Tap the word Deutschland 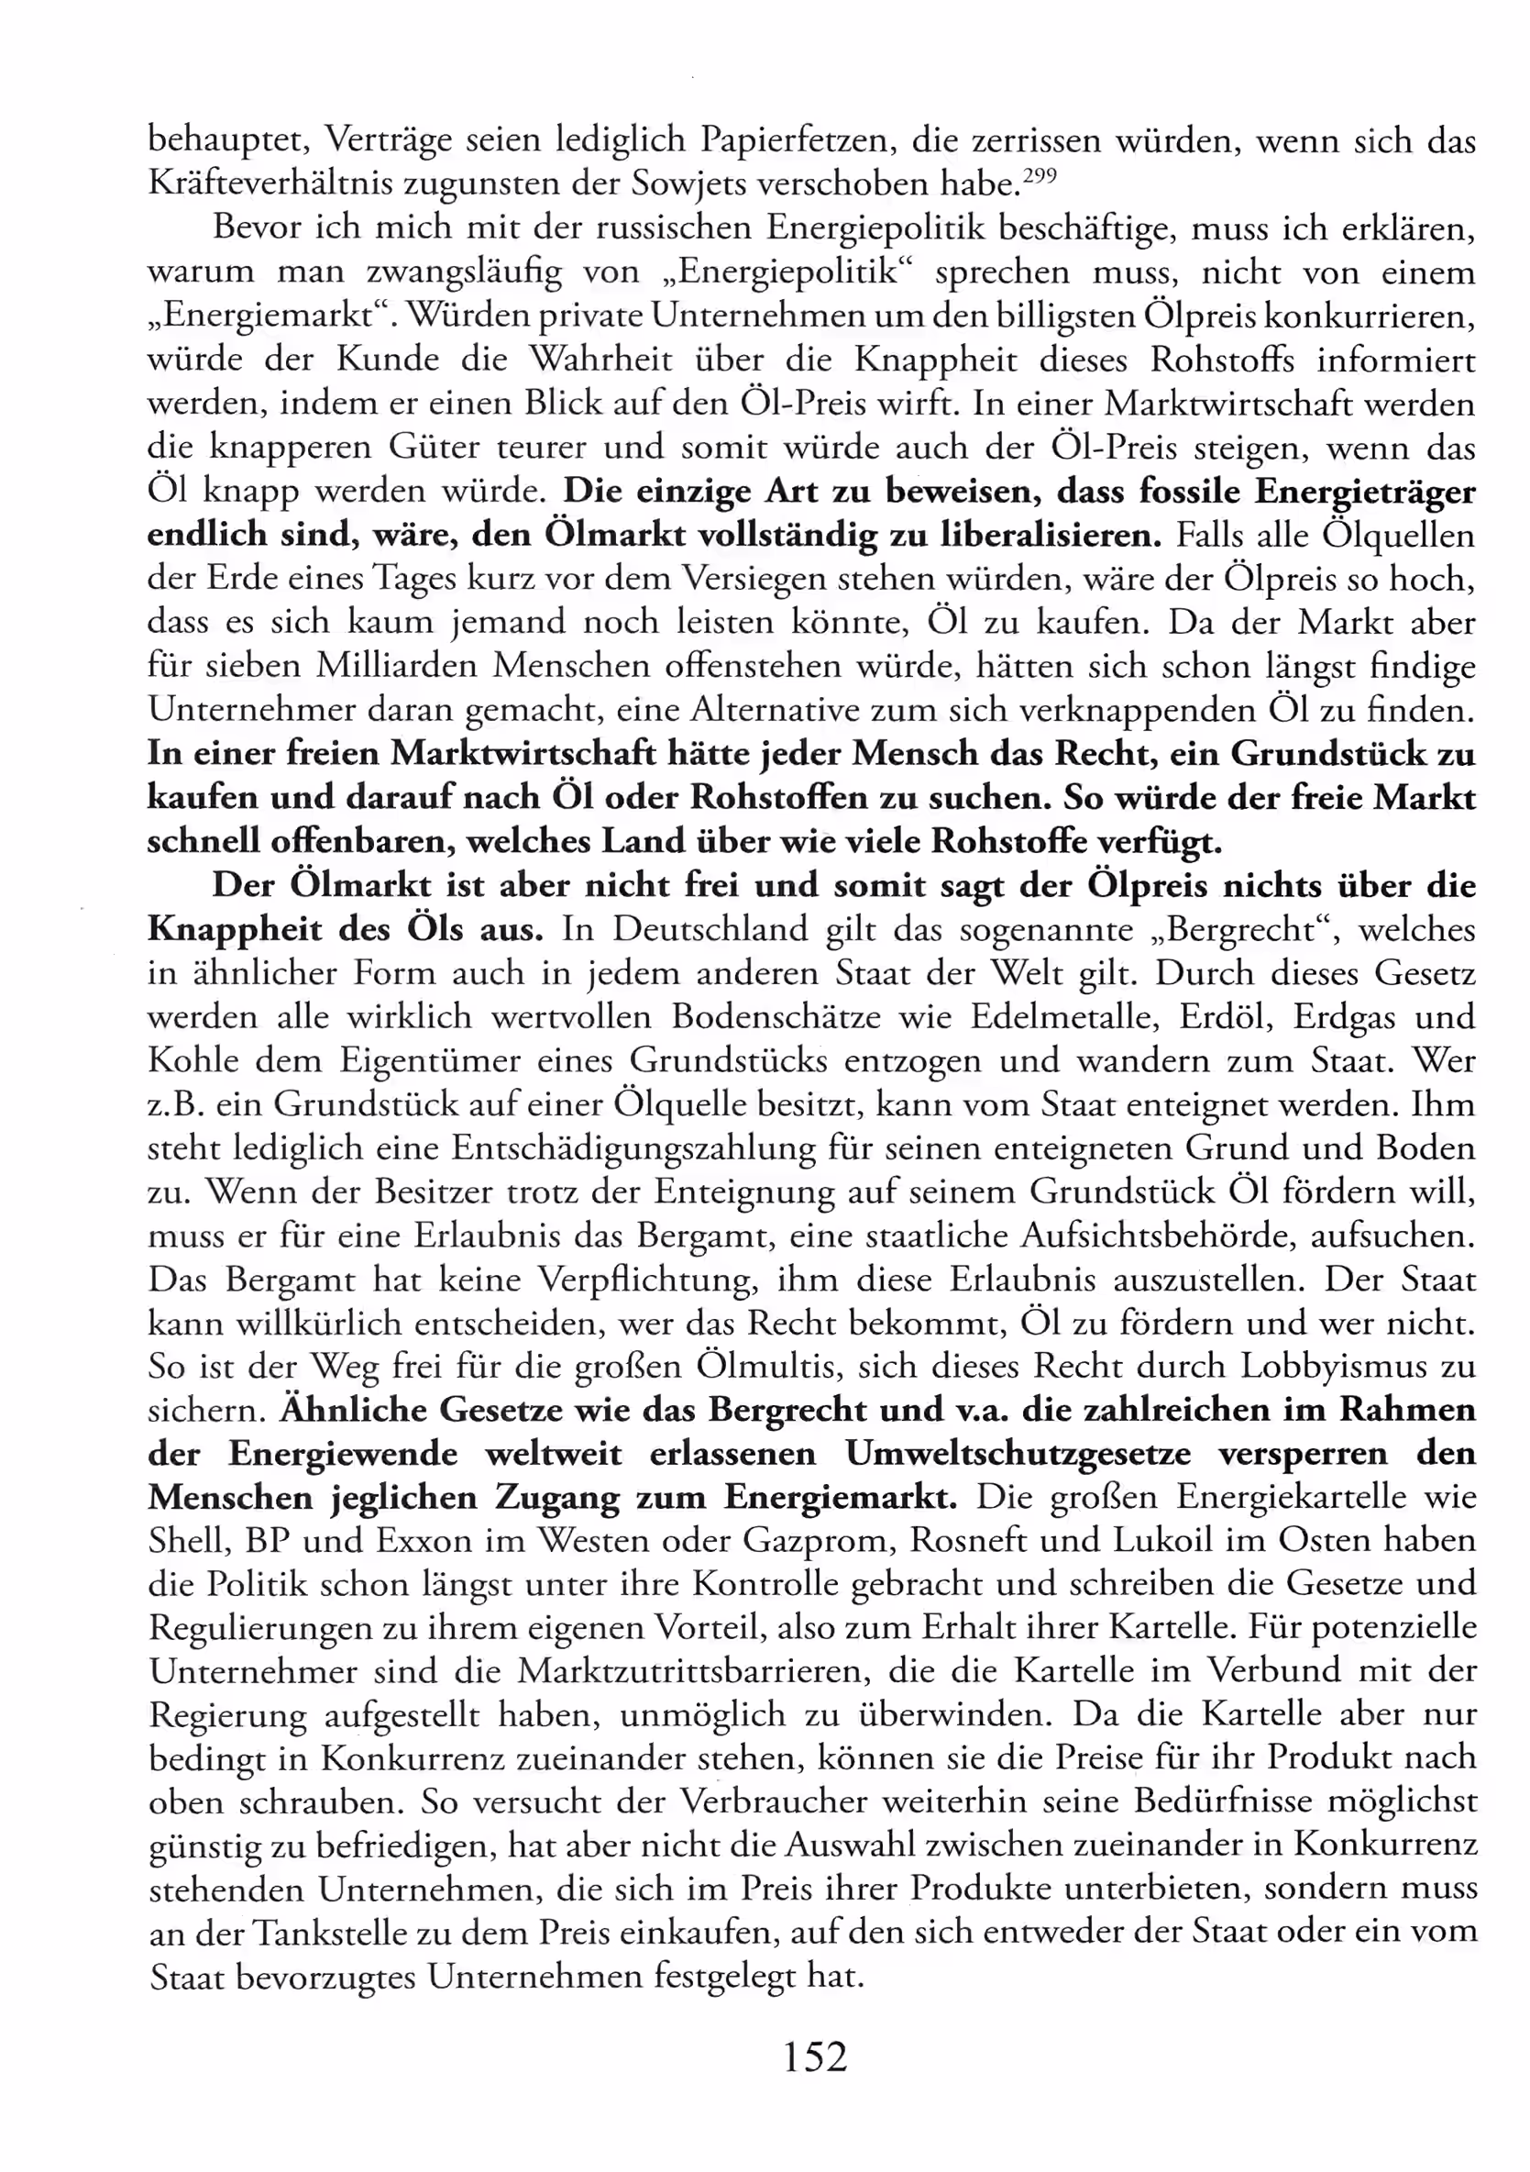coord(710,929)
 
